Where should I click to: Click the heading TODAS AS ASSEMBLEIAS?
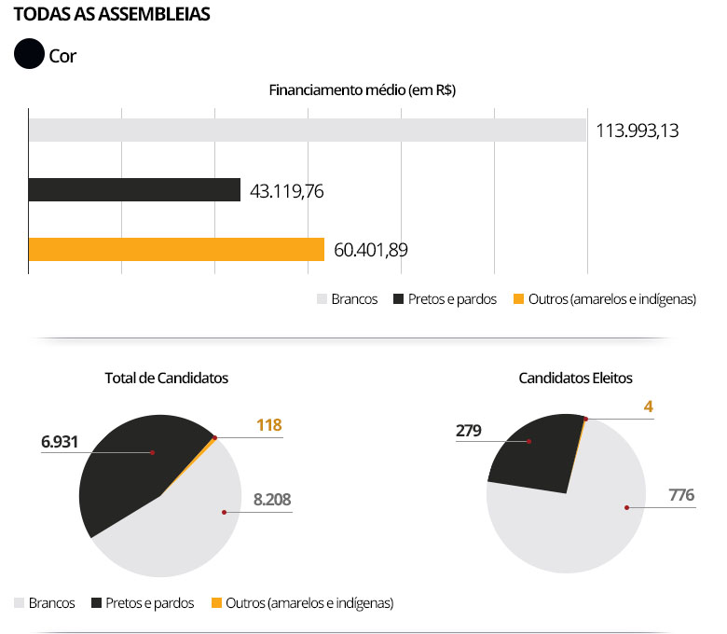(x=112, y=16)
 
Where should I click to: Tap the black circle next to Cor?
(x=30, y=55)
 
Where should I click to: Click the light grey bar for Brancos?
(x=308, y=130)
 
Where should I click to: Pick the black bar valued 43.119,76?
(x=134, y=190)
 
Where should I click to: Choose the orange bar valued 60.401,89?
(x=176, y=250)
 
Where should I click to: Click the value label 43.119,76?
(x=287, y=191)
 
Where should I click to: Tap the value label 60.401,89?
(x=370, y=250)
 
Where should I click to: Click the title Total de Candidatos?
(x=166, y=378)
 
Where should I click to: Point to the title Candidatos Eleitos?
(x=575, y=378)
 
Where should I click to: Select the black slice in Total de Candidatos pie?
(x=130, y=466)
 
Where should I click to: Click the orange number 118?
(x=268, y=425)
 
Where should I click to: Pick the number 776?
(x=681, y=494)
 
